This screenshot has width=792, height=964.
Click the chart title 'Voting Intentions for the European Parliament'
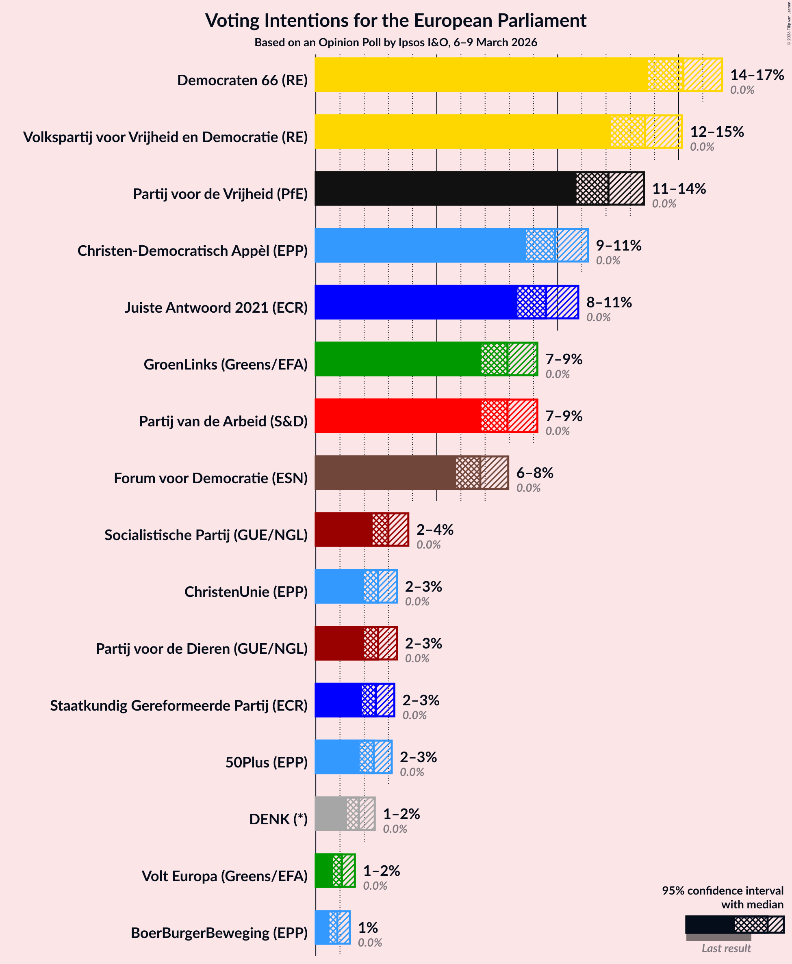pyautogui.click(x=395, y=21)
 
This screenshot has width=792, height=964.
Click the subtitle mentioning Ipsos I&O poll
pyautogui.click(x=395, y=42)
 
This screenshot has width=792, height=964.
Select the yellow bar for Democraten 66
pyautogui.click(x=479, y=74)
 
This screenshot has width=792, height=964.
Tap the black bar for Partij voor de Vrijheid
pyautogui.click(x=445, y=188)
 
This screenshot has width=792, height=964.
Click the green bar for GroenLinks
pyautogui.click(x=397, y=359)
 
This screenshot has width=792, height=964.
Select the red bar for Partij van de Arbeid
pyautogui.click(x=397, y=416)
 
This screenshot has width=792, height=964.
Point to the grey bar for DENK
pyautogui.click(x=331, y=814)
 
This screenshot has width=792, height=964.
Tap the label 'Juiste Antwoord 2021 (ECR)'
pyautogui.click(x=216, y=308)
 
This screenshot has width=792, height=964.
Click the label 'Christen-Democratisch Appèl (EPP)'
pyautogui.click(x=193, y=251)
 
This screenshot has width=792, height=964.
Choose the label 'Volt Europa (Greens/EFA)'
pyautogui.click(x=224, y=876)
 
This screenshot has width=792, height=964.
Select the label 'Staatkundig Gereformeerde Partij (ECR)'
pyautogui.click(x=179, y=706)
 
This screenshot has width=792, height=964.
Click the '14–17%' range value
pyautogui.click(x=757, y=75)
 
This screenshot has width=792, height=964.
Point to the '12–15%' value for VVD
pyautogui.click(x=717, y=132)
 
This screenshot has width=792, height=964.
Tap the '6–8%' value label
pyautogui.click(x=535, y=473)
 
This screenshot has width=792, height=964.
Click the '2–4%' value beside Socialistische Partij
pyautogui.click(x=435, y=530)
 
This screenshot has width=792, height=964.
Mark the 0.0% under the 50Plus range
pyautogui.click(x=412, y=772)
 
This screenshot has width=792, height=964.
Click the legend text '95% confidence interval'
pyautogui.click(x=722, y=891)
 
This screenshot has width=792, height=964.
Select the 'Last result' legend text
pyautogui.click(x=726, y=949)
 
